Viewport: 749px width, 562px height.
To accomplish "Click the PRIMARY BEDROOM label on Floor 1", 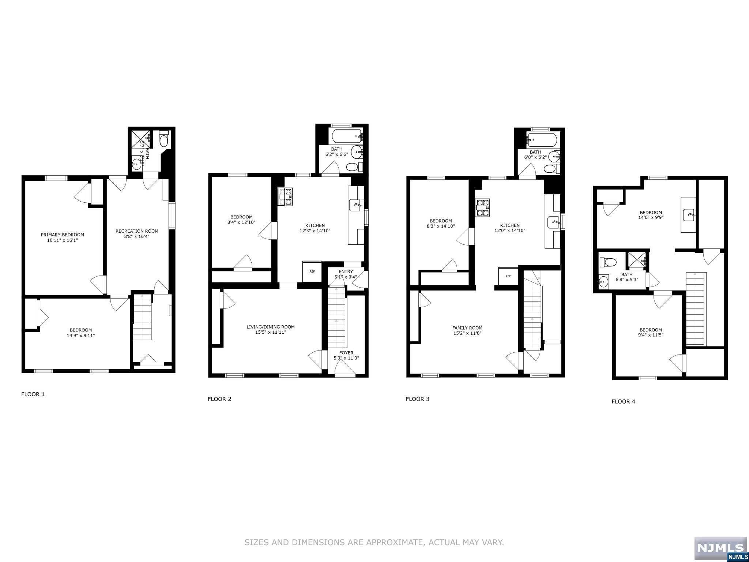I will click(62, 235).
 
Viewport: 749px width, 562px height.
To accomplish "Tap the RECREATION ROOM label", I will click(137, 231).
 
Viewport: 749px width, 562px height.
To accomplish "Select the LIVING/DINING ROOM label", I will click(270, 327).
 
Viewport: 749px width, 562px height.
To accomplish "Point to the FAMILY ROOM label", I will click(467, 328).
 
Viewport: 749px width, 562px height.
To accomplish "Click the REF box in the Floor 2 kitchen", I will click(312, 271).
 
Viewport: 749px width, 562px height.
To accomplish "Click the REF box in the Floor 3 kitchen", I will click(508, 276).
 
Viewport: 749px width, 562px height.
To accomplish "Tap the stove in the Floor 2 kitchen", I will click(285, 196).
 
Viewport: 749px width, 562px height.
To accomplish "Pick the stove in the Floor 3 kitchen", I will click(483, 208).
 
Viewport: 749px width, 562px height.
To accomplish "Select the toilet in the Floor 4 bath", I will click(608, 262).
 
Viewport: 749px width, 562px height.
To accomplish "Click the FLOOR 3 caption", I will click(417, 399).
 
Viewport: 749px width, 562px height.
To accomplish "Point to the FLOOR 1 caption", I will click(33, 394).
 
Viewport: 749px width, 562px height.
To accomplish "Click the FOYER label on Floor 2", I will click(346, 353).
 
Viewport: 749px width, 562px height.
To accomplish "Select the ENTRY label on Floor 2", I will click(346, 271).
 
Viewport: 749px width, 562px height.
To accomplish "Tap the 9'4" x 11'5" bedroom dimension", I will click(651, 335).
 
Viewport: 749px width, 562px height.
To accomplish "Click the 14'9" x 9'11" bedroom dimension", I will click(81, 335).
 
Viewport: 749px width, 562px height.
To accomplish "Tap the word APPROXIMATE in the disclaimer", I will click(387, 543).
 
